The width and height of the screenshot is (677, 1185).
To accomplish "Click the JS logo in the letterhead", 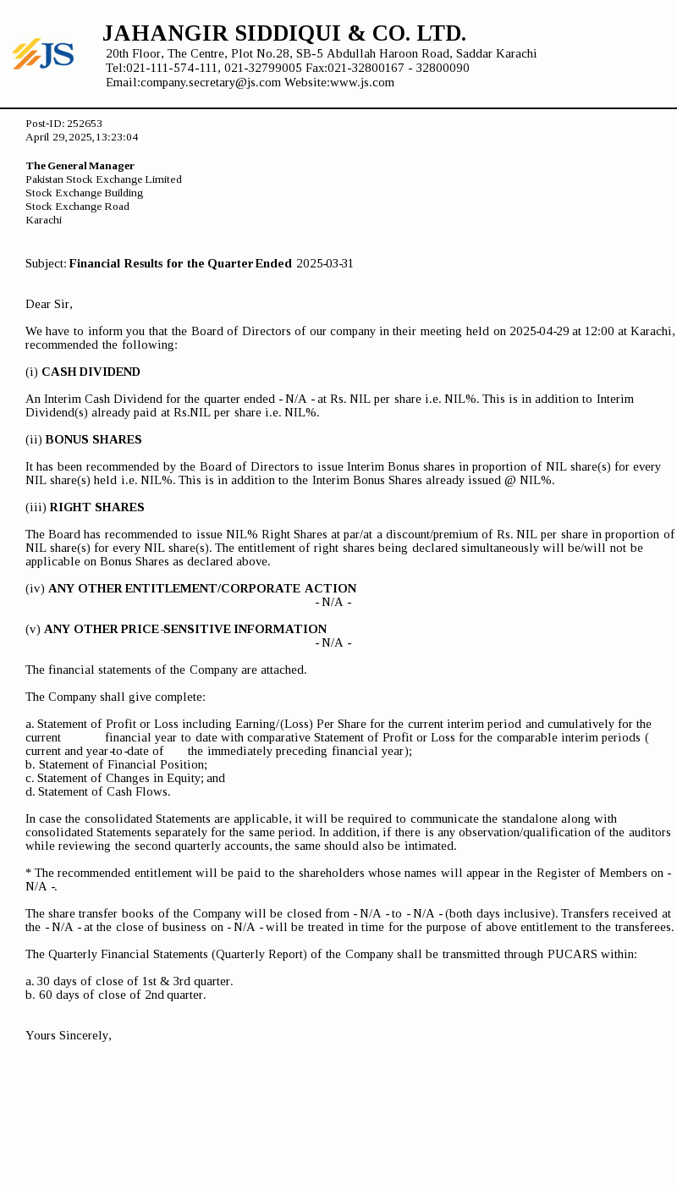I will pyautogui.click(x=43, y=54).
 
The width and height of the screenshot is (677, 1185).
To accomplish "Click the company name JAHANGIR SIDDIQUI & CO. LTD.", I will pyautogui.click(x=284, y=34).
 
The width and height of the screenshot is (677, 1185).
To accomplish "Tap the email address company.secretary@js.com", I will pyautogui.click(x=211, y=82).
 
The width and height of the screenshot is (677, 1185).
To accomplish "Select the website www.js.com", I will pyautogui.click(x=362, y=82).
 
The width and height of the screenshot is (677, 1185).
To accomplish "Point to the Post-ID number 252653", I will pyautogui.click(x=85, y=124).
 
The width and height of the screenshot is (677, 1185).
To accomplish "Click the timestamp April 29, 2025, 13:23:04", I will pyautogui.click(x=81, y=137).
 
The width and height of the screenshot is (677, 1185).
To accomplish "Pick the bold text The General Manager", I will pyautogui.click(x=80, y=166).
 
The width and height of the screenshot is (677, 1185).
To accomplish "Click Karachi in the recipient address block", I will pyautogui.click(x=43, y=220).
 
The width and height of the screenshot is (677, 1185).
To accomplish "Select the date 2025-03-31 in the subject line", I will pyautogui.click(x=325, y=263).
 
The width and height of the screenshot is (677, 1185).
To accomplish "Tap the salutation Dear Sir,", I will pyautogui.click(x=49, y=304).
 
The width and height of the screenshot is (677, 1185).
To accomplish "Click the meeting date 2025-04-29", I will pyautogui.click(x=539, y=331).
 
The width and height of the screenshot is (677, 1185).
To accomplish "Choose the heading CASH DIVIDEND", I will pyautogui.click(x=91, y=372).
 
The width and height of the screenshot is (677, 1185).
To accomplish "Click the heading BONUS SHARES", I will pyautogui.click(x=93, y=439).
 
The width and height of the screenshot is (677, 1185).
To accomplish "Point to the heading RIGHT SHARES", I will pyautogui.click(x=96, y=507).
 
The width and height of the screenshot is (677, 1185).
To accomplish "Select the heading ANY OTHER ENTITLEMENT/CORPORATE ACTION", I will pyautogui.click(x=202, y=588).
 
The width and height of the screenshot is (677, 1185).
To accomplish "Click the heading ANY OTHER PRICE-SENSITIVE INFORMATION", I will pyautogui.click(x=185, y=629).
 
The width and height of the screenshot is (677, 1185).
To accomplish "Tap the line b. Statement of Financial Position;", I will pyautogui.click(x=116, y=764).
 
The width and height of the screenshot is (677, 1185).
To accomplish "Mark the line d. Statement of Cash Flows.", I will pyautogui.click(x=97, y=791).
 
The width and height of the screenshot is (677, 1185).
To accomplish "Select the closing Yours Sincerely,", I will pyautogui.click(x=69, y=1035).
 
